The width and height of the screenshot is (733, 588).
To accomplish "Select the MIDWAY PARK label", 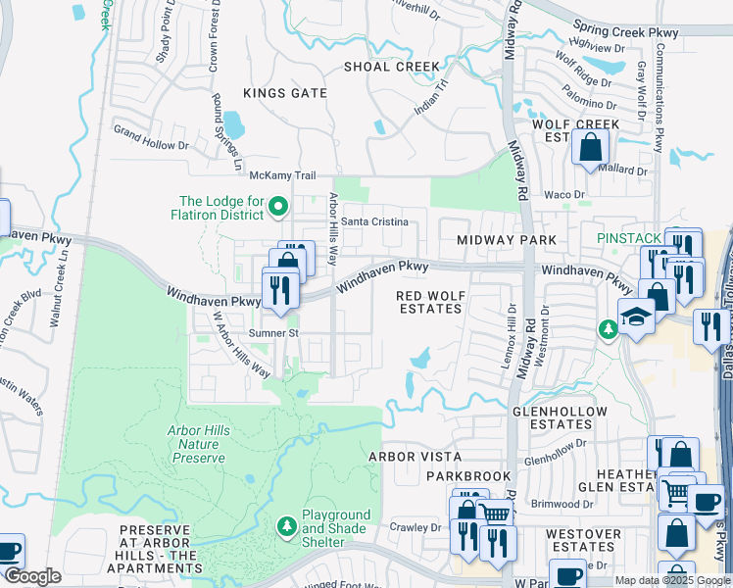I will point(507,240).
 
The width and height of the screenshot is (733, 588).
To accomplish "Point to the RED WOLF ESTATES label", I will point(428,301).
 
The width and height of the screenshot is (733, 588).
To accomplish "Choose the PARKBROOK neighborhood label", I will point(468,476).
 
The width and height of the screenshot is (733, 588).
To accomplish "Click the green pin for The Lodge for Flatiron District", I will point(278,206).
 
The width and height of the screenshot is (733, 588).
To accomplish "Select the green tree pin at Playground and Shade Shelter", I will point(287,527).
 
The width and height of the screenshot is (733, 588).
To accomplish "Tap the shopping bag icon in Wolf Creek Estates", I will point(591,149).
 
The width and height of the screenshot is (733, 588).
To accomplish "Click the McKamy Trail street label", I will point(282,175).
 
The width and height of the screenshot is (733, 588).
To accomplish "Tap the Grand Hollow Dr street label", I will point(150,130).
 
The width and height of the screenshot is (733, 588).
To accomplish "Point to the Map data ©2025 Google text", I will point(672,580).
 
